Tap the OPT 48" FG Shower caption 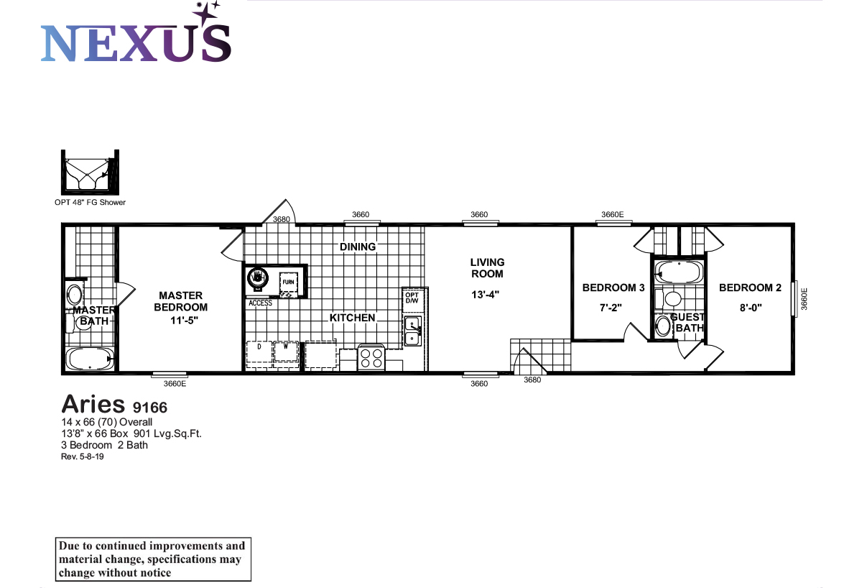click(90, 202)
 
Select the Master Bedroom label click(180, 301)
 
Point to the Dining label click(358, 247)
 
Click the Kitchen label click(352, 318)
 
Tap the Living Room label click(487, 268)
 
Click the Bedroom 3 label click(613, 288)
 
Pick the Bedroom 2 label click(750, 288)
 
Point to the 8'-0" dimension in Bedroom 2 click(750, 307)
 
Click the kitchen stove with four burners click(371, 357)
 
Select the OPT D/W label click(412, 298)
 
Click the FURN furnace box click(288, 282)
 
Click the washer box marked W click(285, 354)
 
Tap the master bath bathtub click(89, 359)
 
